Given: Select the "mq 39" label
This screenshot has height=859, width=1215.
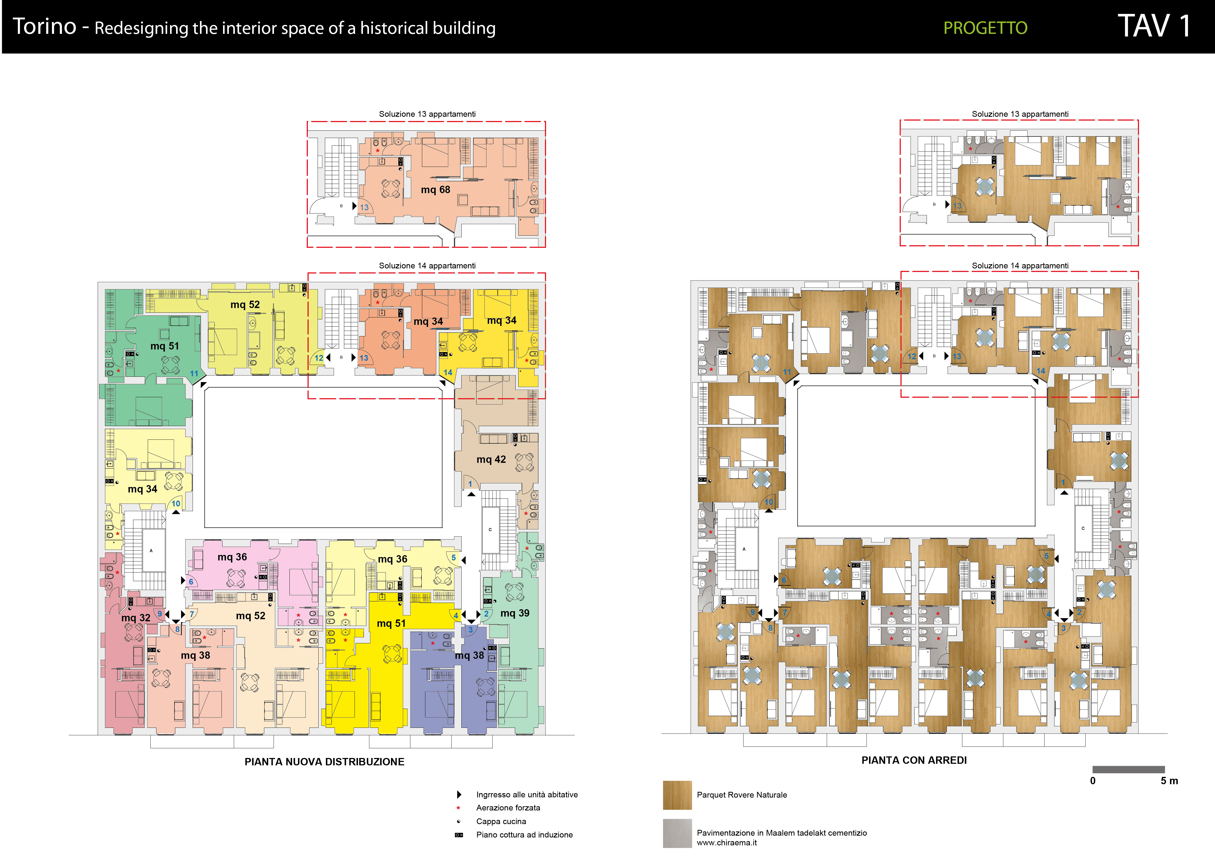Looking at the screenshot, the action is [x=515, y=613].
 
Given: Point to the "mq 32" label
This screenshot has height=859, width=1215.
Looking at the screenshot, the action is [x=136, y=618].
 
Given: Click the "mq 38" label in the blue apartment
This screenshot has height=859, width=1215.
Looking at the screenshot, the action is [x=469, y=655].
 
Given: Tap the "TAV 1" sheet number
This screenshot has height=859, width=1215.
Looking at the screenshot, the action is [x=1154, y=26].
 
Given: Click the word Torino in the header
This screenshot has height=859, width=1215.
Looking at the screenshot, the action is [x=44, y=26].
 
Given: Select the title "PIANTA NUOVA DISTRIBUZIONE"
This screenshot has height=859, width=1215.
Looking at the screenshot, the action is [x=324, y=762].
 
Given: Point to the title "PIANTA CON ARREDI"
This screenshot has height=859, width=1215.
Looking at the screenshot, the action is [x=914, y=760].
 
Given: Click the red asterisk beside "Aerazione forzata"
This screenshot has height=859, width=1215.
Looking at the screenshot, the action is [x=458, y=808].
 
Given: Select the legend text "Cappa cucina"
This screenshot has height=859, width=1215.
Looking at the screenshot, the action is [x=501, y=821].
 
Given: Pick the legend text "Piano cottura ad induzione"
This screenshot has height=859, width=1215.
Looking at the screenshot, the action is [x=524, y=835].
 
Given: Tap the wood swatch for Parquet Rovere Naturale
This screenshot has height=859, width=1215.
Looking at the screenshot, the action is [x=677, y=795].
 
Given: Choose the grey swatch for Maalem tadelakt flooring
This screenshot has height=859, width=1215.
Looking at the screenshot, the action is [x=677, y=833].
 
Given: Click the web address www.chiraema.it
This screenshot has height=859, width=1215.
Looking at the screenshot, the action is [x=727, y=843].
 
